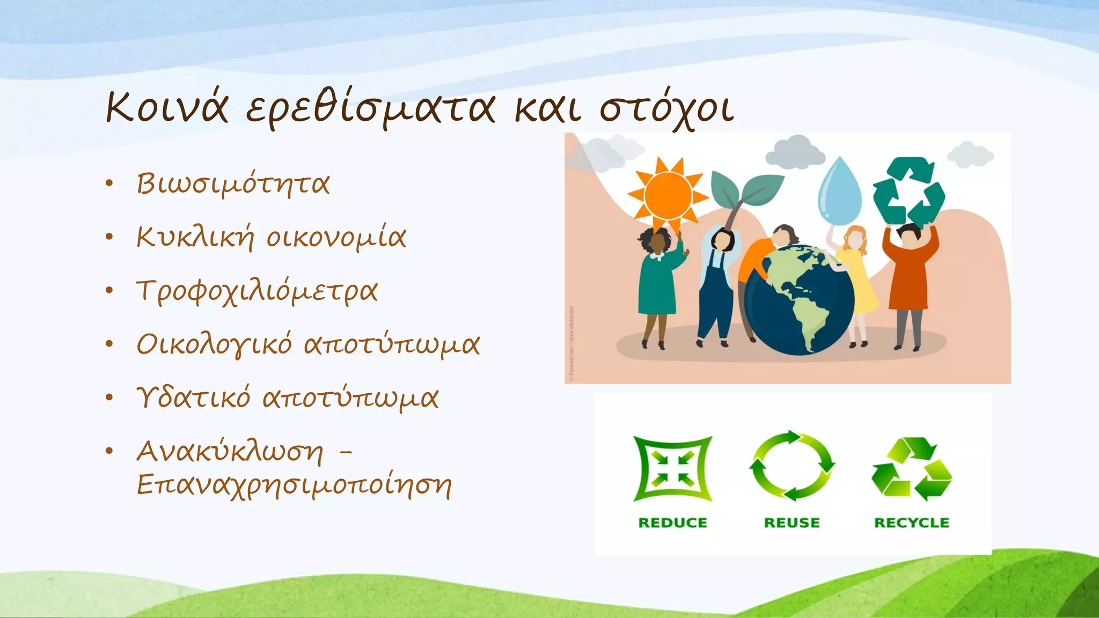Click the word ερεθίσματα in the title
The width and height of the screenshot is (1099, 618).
pyautogui.click(x=370, y=109)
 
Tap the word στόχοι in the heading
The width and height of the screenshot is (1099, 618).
pyautogui.click(x=666, y=109)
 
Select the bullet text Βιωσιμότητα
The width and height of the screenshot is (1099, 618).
pyautogui.click(x=233, y=184)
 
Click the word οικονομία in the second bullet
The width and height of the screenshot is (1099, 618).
pyautogui.click(x=336, y=238)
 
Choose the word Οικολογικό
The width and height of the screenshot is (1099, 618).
pyautogui.click(x=214, y=344)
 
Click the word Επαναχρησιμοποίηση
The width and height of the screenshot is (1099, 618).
pyautogui.click(x=294, y=485)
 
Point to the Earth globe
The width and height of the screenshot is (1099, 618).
pyautogui.click(x=800, y=300)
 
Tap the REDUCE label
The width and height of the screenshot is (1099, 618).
pyautogui.click(x=672, y=523)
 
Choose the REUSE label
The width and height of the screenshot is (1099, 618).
pyautogui.click(x=792, y=523)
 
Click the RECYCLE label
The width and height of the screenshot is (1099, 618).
pyautogui.click(x=911, y=523)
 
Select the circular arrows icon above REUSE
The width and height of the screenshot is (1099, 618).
pyautogui.click(x=792, y=466)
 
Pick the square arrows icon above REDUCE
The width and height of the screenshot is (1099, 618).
pyautogui.click(x=673, y=469)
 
